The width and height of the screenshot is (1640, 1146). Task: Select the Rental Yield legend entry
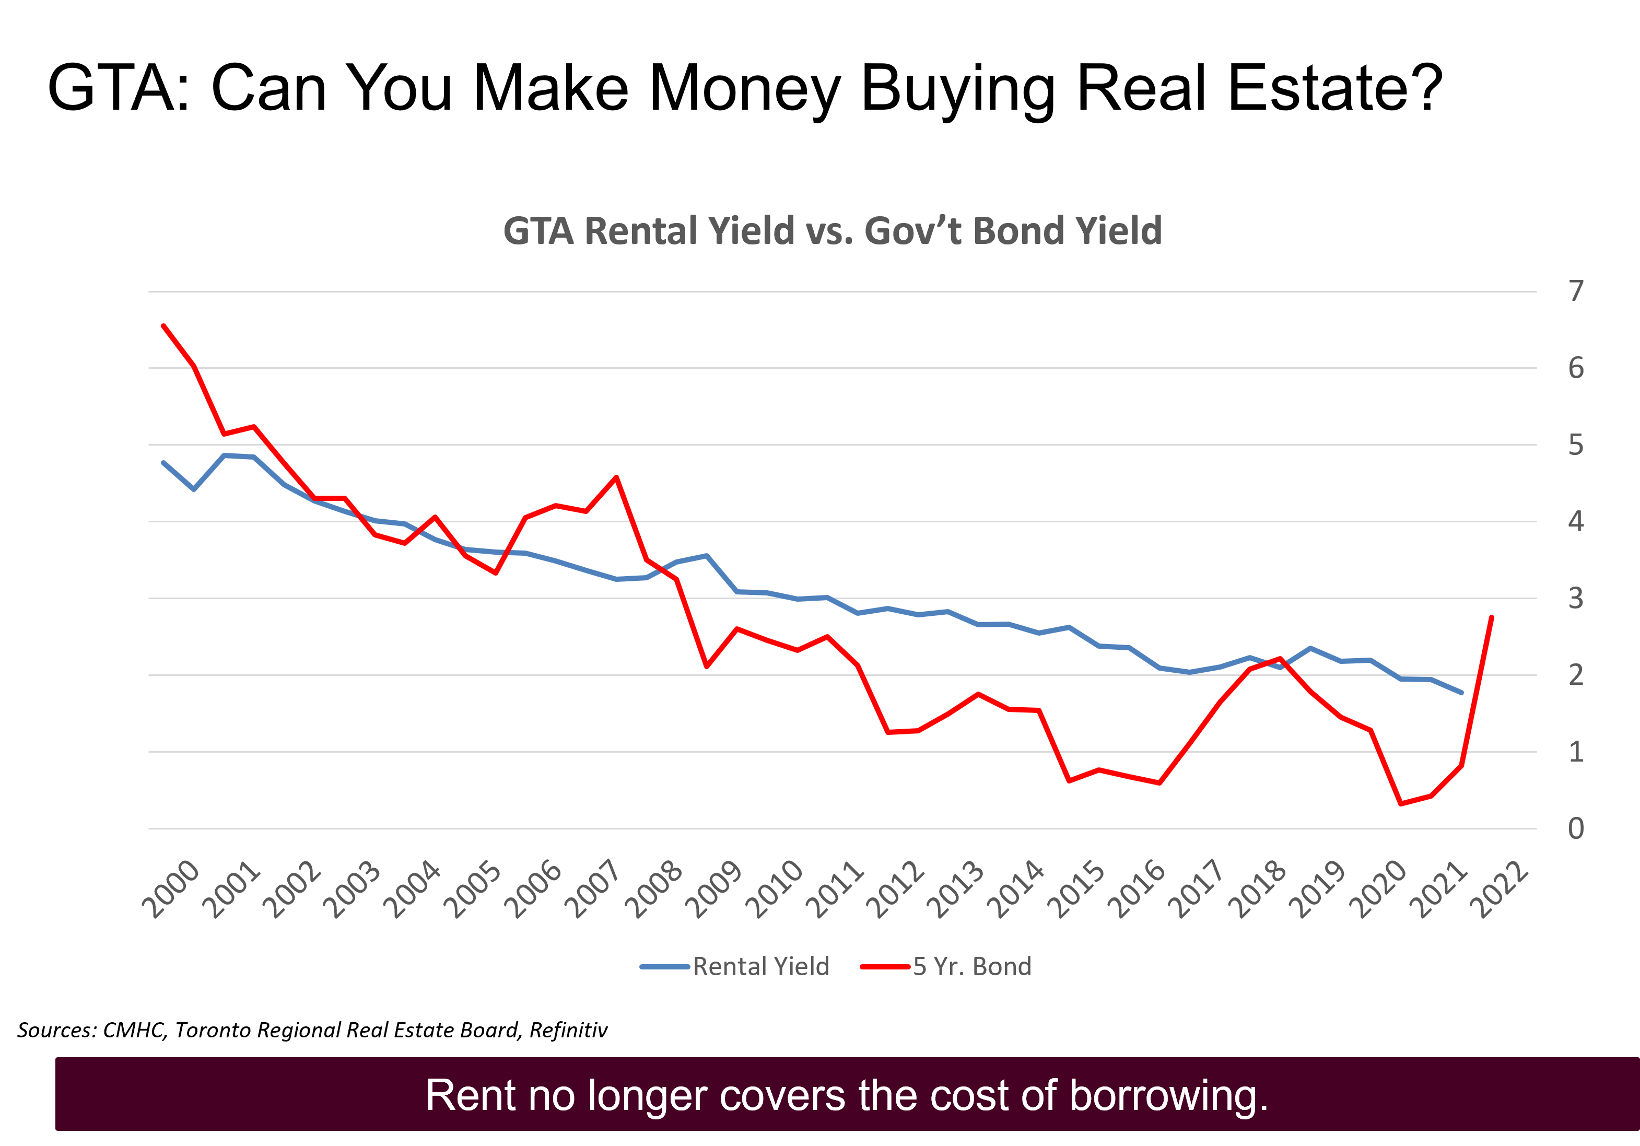(x=760, y=967)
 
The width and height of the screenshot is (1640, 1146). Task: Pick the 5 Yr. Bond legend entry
(x=971, y=967)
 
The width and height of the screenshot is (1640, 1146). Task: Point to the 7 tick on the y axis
(x=1576, y=291)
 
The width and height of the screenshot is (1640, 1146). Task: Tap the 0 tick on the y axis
(x=1576, y=829)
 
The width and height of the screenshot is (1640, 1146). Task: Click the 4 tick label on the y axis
(x=1576, y=522)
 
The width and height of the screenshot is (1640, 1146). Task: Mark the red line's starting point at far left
(x=163, y=326)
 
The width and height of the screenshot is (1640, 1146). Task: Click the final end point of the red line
(x=1492, y=616)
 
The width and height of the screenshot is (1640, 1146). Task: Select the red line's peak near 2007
(x=616, y=477)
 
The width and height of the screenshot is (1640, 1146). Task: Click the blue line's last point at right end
(x=1461, y=692)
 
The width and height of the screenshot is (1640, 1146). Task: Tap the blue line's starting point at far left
(x=163, y=463)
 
